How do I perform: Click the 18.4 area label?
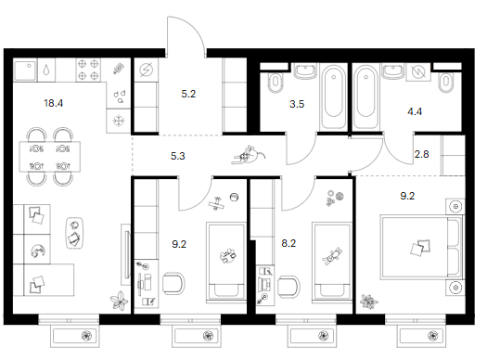54,103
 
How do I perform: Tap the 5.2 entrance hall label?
188,94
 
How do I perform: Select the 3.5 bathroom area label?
297,104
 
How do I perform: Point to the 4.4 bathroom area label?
415,111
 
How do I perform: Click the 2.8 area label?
422,154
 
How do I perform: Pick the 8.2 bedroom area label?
288,243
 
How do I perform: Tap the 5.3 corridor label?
178,156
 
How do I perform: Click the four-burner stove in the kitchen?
88,70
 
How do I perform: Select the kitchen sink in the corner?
25,70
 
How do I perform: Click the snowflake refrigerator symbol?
119,121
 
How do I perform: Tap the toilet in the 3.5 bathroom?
276,83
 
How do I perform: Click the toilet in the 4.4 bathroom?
446,83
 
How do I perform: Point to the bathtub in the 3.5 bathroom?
334,96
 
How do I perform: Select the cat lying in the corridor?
249,155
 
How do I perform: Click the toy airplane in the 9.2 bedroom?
217,204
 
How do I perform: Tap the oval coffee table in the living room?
74,233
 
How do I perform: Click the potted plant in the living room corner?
120,301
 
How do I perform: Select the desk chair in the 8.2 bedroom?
288,288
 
